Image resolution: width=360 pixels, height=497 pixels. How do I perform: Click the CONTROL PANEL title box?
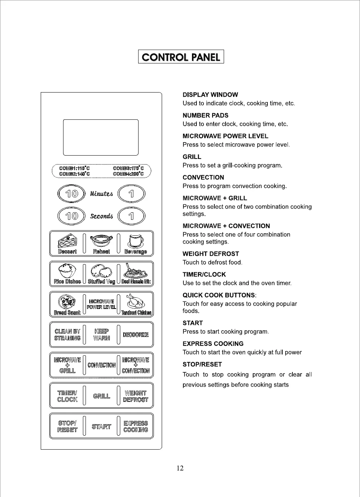pos(181,57)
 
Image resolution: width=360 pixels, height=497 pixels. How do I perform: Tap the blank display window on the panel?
pos(101,137)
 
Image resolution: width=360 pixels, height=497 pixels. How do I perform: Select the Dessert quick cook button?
pos(67,244)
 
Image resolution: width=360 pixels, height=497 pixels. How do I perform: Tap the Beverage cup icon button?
pos(136,244)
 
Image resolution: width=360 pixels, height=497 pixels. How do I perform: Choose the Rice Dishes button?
pos(67,274)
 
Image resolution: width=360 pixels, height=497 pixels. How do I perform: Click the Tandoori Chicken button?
pos(136,304)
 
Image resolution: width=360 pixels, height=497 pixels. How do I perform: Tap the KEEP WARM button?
pos(102,335)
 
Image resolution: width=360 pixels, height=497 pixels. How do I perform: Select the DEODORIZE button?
pos(136,335)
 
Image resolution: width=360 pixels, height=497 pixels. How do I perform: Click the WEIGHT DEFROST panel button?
pos(136,396)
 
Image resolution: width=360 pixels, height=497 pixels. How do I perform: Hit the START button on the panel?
pos(102,426)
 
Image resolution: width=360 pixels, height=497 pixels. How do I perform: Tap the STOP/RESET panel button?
pos(68,426)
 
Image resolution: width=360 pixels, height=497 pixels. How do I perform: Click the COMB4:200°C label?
pos(128,174)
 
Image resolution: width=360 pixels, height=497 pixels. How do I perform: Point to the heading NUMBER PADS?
pos(205,116)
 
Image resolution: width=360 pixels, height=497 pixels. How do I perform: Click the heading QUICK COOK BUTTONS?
pos(219,295)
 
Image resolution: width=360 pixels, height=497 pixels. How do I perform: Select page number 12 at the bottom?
pos(180,468)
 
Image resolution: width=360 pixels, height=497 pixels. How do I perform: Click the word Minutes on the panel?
pos(101,194)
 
